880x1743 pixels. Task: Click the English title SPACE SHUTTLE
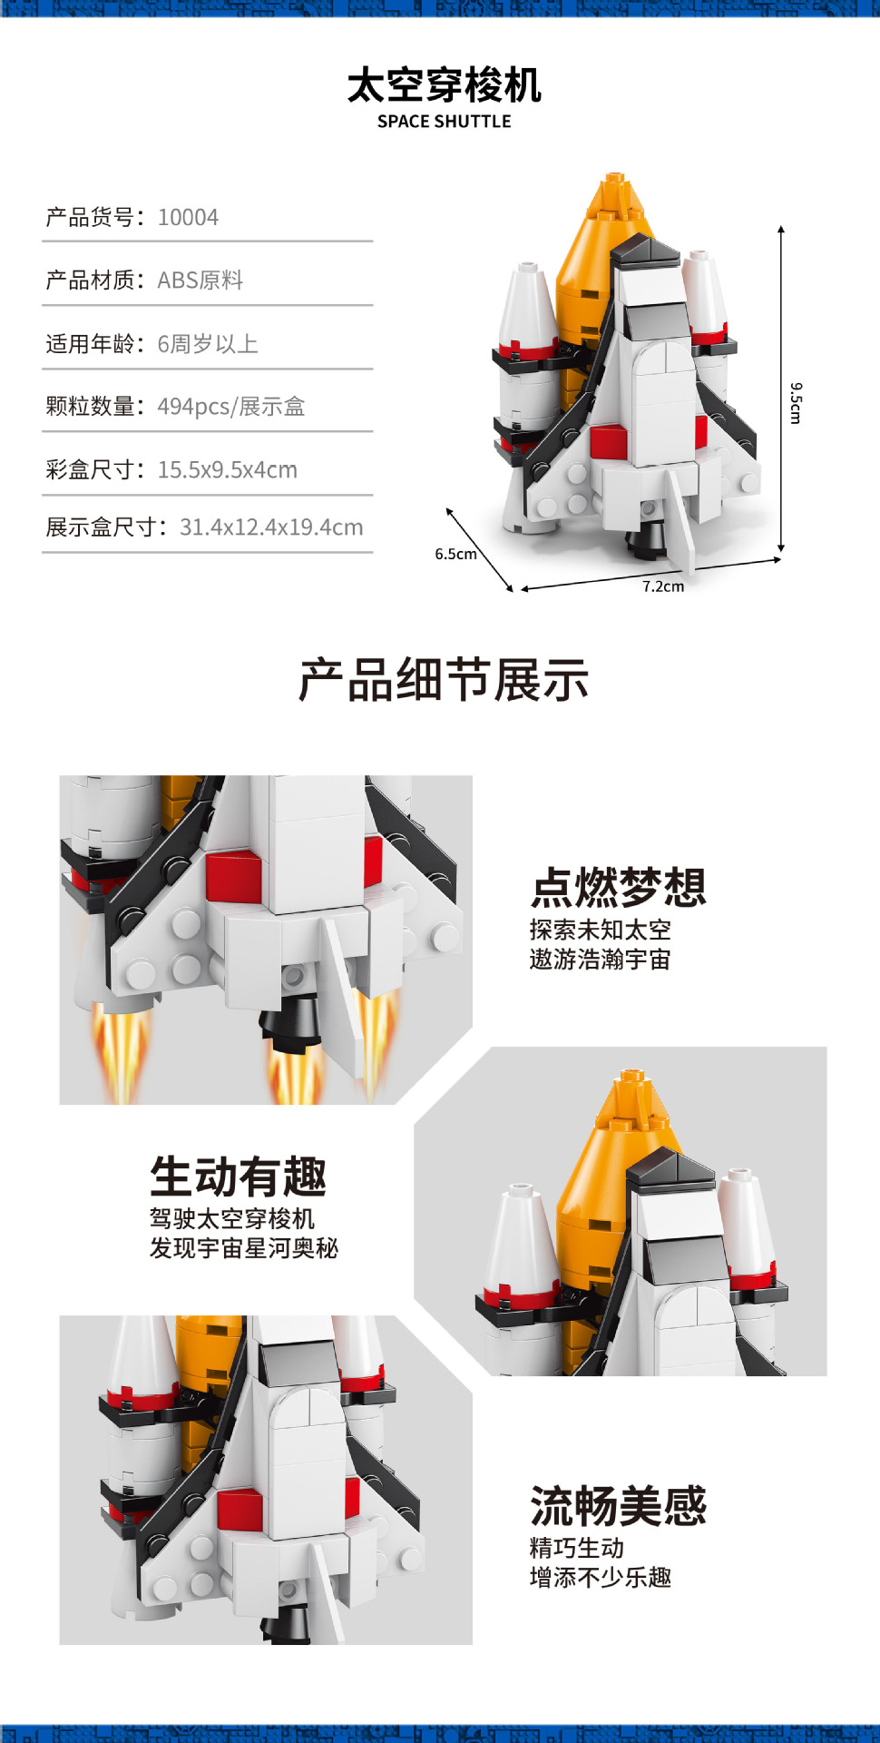tap(444, 122)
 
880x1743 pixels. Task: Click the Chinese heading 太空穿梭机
tap(444, 85)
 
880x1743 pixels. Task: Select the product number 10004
tap(188, 218)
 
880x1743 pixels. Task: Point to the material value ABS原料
tap(200, 281)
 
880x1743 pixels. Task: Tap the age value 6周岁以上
tap(208, 344)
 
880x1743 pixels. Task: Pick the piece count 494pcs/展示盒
tap(230, 407)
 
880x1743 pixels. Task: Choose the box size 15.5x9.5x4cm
tap(227, 470)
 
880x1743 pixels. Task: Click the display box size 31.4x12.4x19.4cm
tap(271, 527)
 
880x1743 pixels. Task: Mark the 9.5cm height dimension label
tap(796, 403)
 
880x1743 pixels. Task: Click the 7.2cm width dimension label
tap(663, 586)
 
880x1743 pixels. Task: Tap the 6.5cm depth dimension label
tap(455, 554)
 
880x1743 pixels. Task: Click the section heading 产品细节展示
tap(444, 680)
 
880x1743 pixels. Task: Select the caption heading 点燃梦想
tap(618, 887)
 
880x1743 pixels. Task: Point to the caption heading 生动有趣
tap(238, 1177)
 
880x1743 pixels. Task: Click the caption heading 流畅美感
tap(618, 1506)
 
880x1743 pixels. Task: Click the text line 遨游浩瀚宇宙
tap(600, 960)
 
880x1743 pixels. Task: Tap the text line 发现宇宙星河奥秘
tap(243, 1248)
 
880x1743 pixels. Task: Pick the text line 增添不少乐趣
tap(600, 1578)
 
